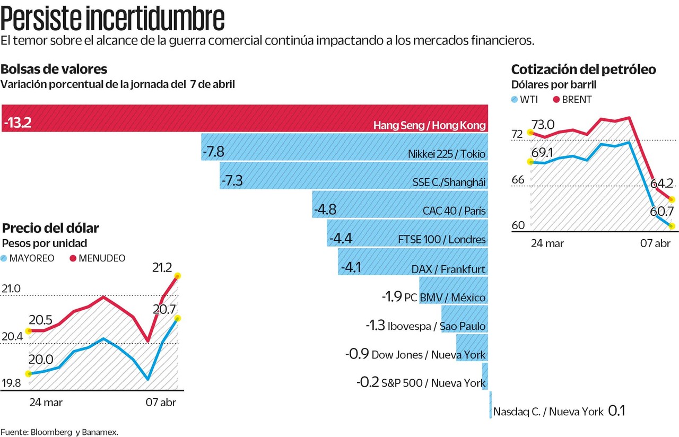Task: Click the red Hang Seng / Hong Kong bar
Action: tap(244, 118)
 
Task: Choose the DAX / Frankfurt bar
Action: tap(413, 261)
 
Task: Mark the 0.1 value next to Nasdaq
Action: tap(617, 411)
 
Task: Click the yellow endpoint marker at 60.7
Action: tap(672, 226)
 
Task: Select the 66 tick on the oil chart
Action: tap(518, 179)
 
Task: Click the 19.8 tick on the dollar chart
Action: tap(11, 383)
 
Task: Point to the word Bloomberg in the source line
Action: tap(50, 432)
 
